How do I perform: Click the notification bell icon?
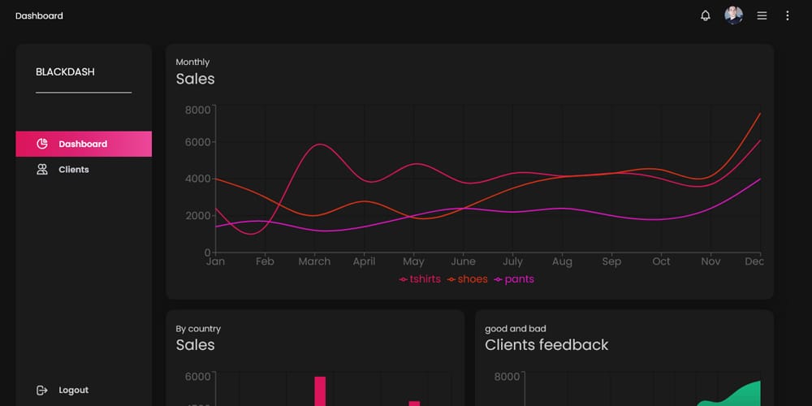[706, 15]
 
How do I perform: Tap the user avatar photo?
[734, 15]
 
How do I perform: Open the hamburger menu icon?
[762, 15]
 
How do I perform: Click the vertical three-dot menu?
[787, 15]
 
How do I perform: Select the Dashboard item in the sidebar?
[83, 144]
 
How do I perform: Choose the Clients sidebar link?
[73, 170]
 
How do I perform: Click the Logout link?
[73, 390]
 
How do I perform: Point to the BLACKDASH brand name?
[65, 71]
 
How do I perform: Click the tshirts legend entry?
[421, 279]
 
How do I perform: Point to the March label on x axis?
[314, 261]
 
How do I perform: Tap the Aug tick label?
[562, 261]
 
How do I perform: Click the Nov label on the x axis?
[710, 261]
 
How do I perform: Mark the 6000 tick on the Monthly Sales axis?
[197, 142]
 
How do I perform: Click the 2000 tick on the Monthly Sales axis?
[197, 216]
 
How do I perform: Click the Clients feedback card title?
[546, 345]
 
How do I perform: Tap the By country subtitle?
[198, 329]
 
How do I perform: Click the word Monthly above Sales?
[192, 62]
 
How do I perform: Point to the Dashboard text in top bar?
[39, 15]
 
